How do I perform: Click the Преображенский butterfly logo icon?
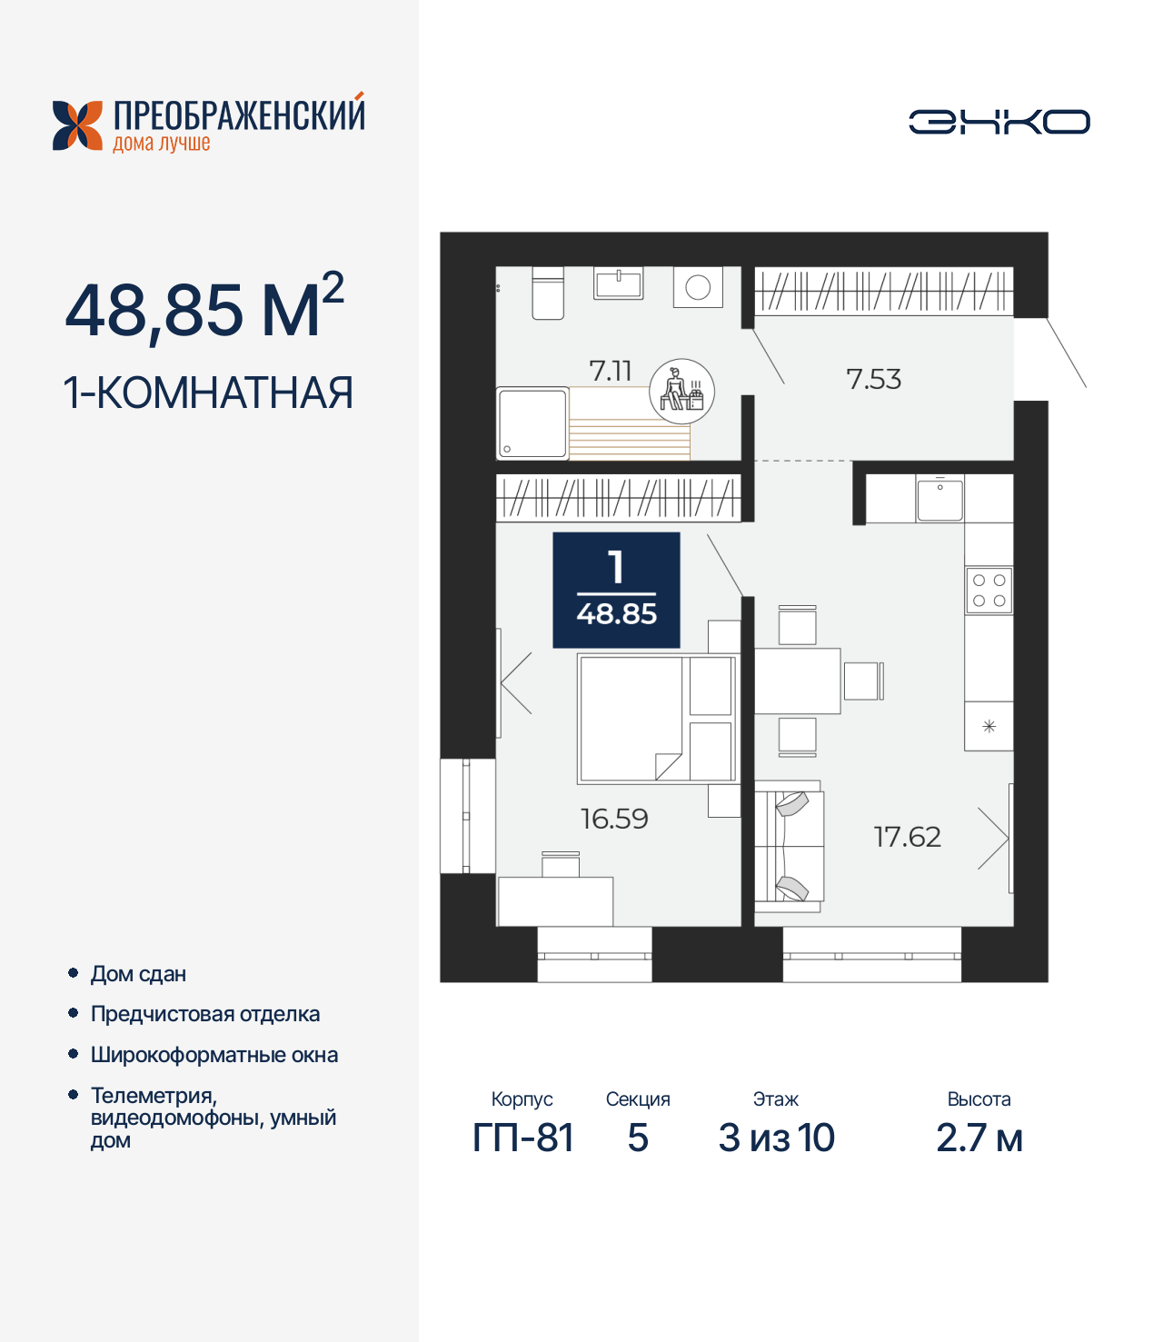(78, 125)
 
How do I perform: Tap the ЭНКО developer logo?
(999, 122)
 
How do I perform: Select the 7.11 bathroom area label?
(610, 371)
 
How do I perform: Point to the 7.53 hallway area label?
(873, 379)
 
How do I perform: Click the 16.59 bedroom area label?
(614, 819)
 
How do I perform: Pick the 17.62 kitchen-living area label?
(907, 837)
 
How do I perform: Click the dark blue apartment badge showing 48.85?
(616, 590)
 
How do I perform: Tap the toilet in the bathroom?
(548, 293)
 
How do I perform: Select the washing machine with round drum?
(698, 287)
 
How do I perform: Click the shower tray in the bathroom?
(532, 422)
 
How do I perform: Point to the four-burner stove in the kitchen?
(989, 591)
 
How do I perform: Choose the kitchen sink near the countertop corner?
(939, 499)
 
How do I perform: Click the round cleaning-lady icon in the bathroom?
(681, 392)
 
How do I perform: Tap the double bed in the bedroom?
(656, 719)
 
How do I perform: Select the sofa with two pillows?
(789, 846)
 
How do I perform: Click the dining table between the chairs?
(797, 681)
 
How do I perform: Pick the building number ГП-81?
(522, 1138)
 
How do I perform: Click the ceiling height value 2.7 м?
(979, 1138)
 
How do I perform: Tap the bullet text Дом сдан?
(138, 974)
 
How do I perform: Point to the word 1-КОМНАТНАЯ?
(208, 393)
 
